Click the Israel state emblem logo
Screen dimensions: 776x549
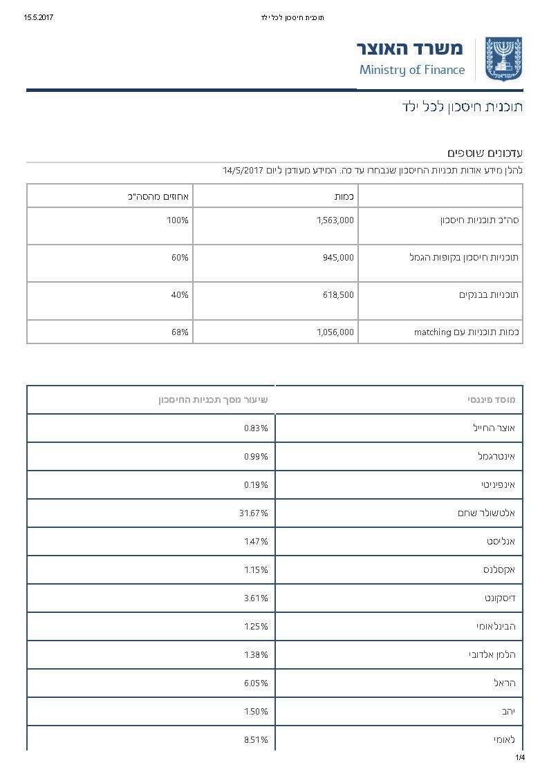[503, 59]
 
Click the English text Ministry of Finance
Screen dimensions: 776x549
[412, 70]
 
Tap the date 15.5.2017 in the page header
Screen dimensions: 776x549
[38, 17]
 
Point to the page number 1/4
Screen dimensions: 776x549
[520, 758]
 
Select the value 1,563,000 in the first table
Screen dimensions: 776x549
[335, 220]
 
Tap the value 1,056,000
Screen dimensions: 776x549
[335, 332]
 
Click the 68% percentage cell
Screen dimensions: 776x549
[180, 332]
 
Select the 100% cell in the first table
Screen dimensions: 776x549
[178, 220]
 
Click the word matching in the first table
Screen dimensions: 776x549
[433, 332]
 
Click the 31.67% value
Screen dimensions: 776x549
[255, 513]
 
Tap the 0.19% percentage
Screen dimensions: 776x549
[256, 485]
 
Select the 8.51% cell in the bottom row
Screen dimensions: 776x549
[256, 740]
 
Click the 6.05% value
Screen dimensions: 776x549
[256, 683]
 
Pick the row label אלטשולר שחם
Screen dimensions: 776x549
[486, 513]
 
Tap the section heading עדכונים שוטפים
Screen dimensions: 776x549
[485, 152]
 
